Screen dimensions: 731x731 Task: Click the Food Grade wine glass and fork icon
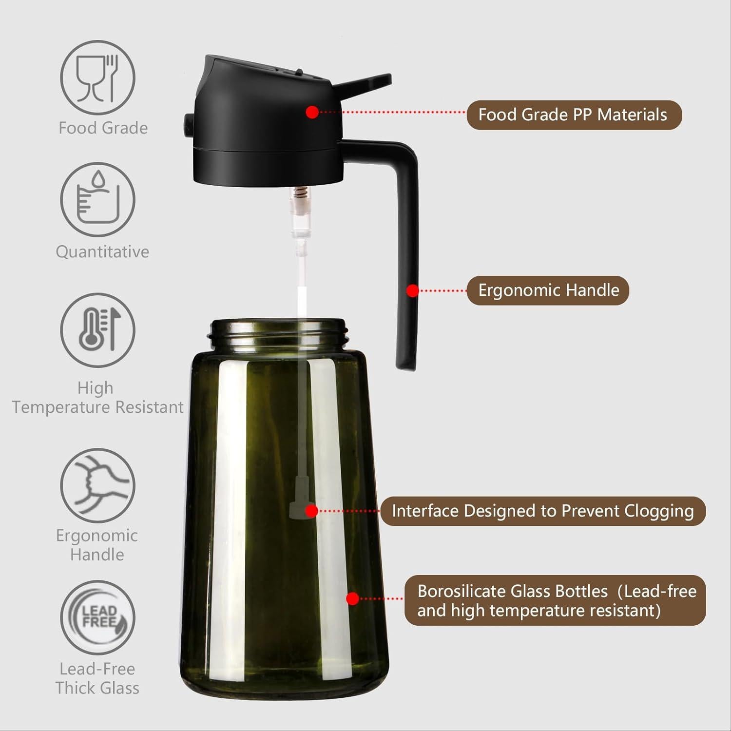(97, 78)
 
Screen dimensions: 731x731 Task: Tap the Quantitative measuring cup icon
(97, 200)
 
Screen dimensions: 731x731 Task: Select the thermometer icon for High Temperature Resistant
(97, 330)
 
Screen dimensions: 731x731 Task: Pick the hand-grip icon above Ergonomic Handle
(97, 485)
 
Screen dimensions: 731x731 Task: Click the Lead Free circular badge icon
(97, 617)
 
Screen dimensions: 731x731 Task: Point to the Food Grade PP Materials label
(574, 115)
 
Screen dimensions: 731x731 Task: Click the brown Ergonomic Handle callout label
(548, 290)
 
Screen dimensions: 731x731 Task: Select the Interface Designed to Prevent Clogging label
(542, 511)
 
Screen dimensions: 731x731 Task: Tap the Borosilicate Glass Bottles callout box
(555, 600)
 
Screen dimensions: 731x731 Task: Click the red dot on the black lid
(312, 112)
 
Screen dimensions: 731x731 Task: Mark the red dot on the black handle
(413, 291)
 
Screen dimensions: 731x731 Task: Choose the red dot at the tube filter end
(312, 511)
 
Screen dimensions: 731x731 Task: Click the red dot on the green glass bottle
(352, 599)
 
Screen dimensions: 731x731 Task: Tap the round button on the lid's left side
(188, 125)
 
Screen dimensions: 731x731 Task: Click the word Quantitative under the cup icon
(102, 251)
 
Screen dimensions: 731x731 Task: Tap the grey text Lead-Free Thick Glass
(97, 678)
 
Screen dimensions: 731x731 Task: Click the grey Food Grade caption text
(103, 128)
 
